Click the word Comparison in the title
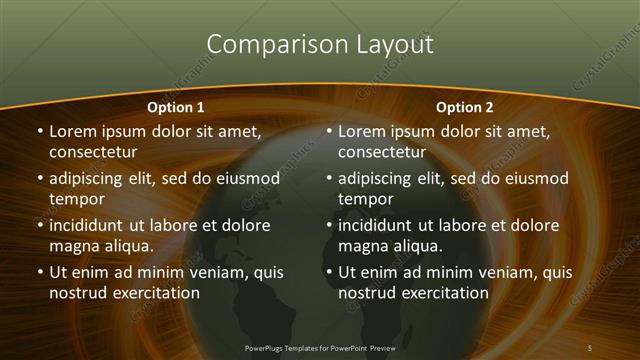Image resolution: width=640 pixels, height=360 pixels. (x=263, y=44)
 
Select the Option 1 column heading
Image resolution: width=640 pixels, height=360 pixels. (x=176, y=106)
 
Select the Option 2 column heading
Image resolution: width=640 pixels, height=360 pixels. (x=465, y=106)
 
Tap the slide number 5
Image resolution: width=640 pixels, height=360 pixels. (x=589, y=347)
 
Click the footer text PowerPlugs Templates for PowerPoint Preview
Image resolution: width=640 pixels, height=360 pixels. (x=320, y=347)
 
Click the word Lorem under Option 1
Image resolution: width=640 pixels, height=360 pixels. (x=74, y=131)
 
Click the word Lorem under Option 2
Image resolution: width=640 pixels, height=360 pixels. (x=363, y=131)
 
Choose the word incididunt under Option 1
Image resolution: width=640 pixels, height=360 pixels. (x=89, y=225)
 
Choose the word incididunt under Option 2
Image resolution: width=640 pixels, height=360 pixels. (x=378, y=225)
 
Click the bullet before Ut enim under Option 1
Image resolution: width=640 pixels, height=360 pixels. (x=38, y=272)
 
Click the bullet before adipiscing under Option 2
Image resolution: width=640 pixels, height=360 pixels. (x=327, y=180)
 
